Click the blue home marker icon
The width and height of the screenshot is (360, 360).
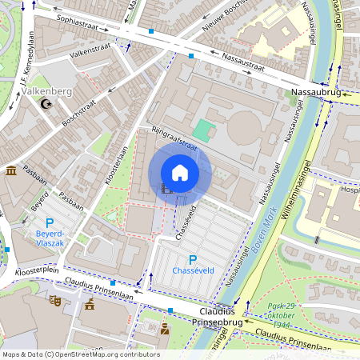[x=180, y=172]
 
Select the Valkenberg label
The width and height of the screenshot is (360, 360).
[x=49, y=91]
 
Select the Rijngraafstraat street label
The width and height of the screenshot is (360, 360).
[x=174, y=138]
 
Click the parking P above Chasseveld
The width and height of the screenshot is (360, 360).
[x=192, y=259]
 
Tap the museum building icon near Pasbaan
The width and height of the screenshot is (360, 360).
[x=11, y=172]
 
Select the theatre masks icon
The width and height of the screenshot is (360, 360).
[x=54, y=300]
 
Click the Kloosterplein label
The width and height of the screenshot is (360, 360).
[x=37, y=272]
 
